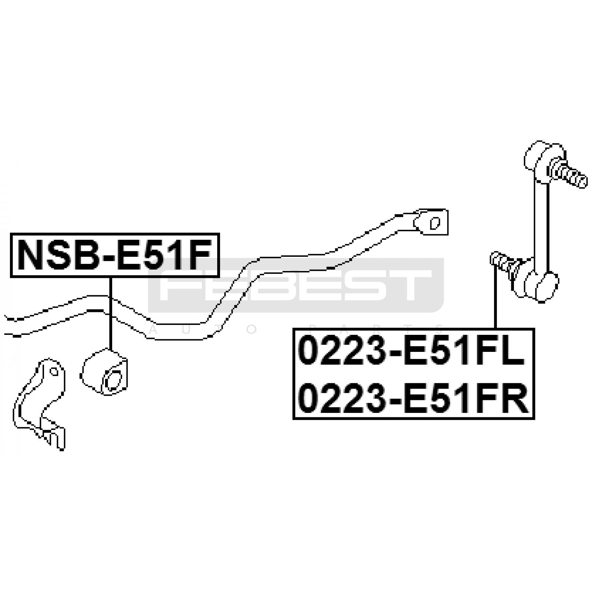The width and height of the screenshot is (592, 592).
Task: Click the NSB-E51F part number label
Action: [115, 255]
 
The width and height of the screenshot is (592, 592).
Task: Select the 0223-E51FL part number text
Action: [411, 353]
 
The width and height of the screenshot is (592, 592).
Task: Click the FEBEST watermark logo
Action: [296, 285]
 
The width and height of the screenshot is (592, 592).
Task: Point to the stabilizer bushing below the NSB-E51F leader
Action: [104, 372]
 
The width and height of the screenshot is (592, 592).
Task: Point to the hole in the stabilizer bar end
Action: [435, 223]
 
